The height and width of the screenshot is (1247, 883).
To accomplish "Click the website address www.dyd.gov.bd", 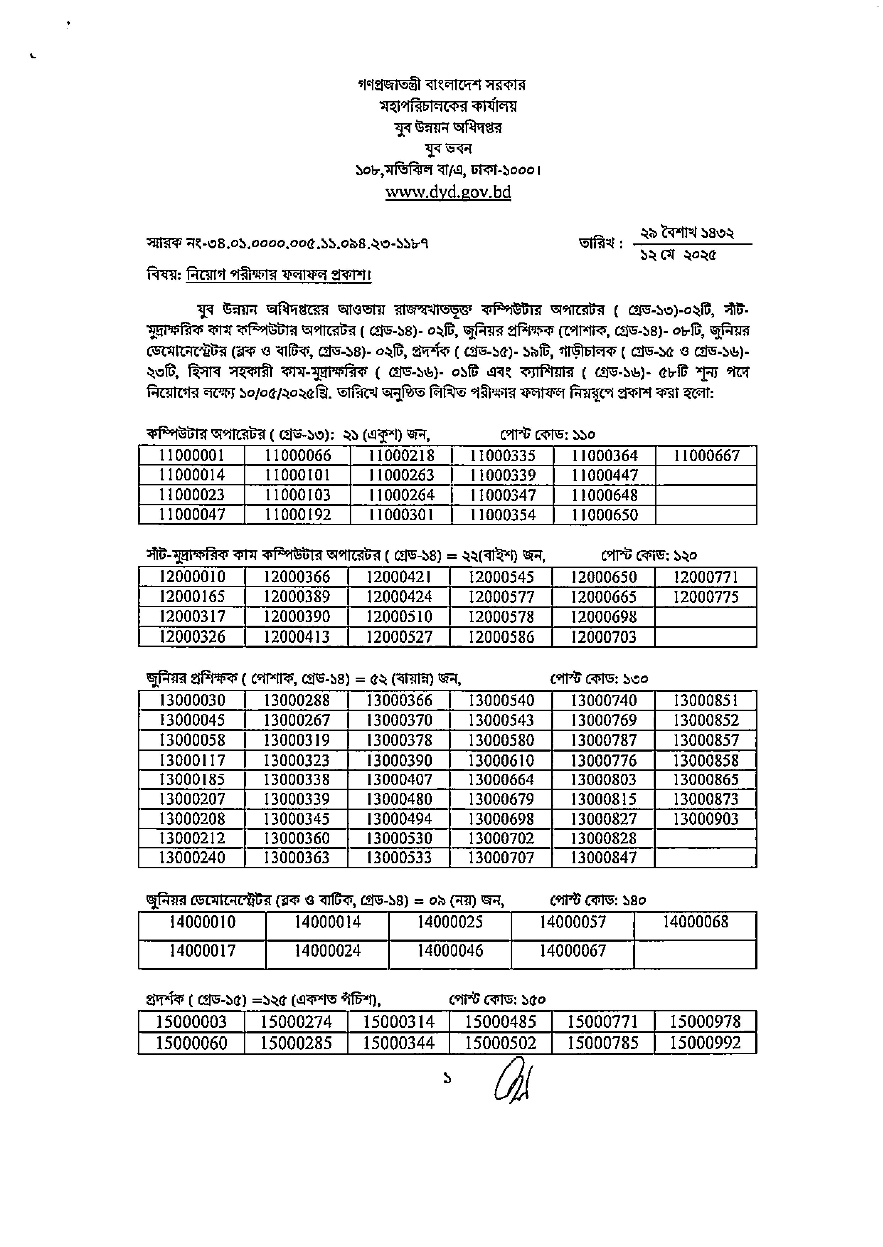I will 448,193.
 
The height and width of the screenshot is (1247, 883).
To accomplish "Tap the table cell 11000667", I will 706,456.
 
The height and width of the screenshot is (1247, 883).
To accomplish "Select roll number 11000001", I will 191,456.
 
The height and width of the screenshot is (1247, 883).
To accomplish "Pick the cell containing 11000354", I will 502,515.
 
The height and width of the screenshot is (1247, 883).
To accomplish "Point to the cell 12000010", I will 191,577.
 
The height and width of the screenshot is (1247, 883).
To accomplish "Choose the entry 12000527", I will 399,637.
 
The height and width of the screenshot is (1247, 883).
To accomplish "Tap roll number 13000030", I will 191,700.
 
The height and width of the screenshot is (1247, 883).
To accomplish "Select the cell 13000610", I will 501,760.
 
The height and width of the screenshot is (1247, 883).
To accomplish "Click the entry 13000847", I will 603,858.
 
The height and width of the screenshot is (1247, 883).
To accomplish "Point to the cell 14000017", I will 202,951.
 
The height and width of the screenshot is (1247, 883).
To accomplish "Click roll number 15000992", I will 705,1043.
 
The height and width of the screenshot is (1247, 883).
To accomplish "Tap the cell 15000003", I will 191,1022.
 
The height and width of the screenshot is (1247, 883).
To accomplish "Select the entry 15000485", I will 500,1022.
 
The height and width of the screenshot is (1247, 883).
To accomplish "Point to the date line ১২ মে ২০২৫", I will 678,254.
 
